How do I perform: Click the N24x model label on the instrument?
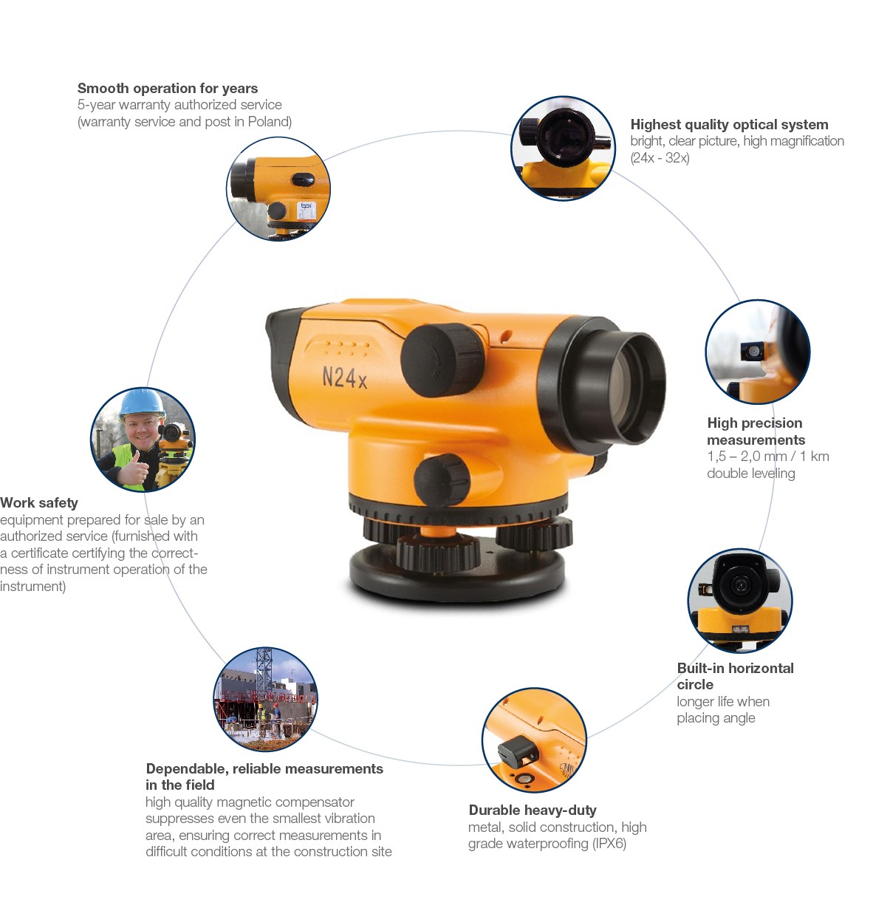344,378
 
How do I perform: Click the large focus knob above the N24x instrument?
442,360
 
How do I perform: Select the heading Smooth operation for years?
167,88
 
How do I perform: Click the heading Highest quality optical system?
729,124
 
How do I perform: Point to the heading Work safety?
39,503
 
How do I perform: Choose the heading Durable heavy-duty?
533,810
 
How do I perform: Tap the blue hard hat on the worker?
141,404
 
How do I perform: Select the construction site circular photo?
265,699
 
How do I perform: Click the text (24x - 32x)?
660,158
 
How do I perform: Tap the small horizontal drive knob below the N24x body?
442,479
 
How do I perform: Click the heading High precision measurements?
756,431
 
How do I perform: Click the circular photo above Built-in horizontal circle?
740,600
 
